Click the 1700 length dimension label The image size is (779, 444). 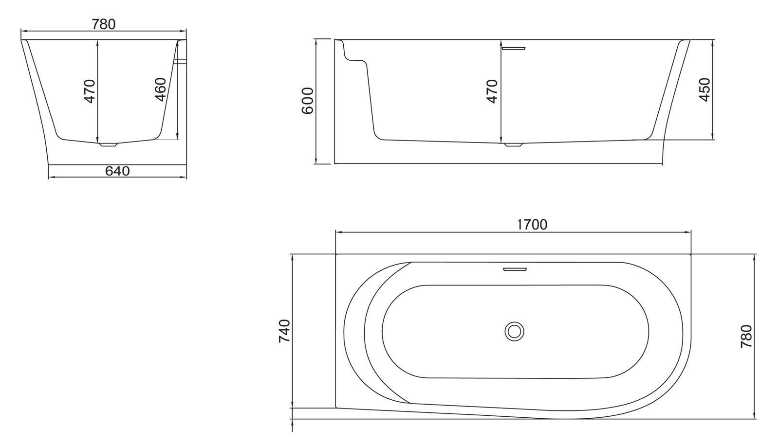pos(532,225)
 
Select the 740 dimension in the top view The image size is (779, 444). pos(284,331)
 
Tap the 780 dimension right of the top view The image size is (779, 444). pos(746,336)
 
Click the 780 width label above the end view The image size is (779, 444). pos(104,24)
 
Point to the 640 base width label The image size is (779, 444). pos(117,171)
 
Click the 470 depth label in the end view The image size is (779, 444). pos(90,91)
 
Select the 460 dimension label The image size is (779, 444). pos(161,89)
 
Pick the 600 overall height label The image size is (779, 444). pos(308,101)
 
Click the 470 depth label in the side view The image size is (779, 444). pos(492,91)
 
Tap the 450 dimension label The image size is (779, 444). pos(705,89)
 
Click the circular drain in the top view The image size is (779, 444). pos(514,332)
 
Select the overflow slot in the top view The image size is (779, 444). pos(515,268)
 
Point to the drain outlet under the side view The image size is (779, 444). pos(513,144)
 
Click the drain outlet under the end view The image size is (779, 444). pos(108,144)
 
